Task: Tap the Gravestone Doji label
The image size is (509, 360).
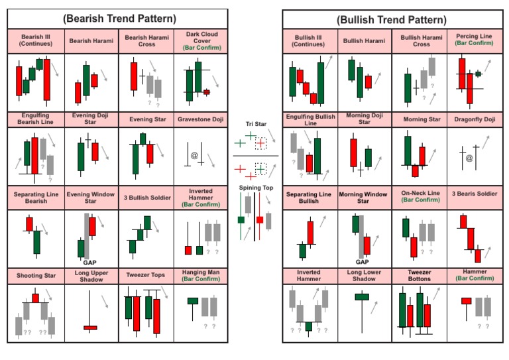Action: click(201, 120)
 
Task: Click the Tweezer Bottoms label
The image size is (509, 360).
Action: click(419, 276)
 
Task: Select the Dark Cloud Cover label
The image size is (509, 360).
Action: click(201, 37)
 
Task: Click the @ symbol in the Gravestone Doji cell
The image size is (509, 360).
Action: click(194, 156)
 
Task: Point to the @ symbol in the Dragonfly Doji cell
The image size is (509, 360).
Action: click(469, 158)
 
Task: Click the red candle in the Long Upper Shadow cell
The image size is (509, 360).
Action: click(89, 328)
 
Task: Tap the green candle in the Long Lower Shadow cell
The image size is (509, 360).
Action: click(362, 297)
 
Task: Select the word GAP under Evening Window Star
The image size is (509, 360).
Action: click(89, 263)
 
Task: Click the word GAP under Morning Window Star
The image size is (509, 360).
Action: click(363, 261)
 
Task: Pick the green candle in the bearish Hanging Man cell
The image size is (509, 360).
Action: click(192, 300)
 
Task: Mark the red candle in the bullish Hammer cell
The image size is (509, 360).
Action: click(467, 300)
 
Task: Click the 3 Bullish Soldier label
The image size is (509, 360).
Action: click(146, 198)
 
